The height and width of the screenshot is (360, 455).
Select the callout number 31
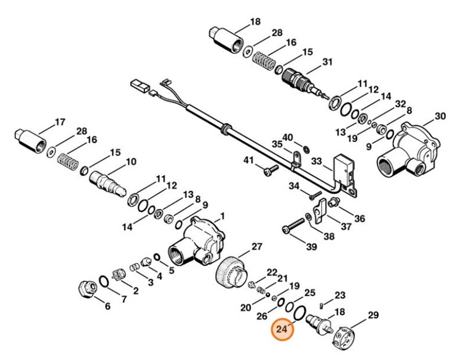[327, 61]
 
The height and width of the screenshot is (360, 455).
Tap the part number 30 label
[440, 116]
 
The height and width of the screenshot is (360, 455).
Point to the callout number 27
[256, 247]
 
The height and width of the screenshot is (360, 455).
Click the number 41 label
[248, 160]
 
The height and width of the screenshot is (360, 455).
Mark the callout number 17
[60, 122]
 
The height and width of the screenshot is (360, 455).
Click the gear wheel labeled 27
[232, 270]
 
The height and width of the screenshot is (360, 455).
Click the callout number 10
[130, 162]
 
